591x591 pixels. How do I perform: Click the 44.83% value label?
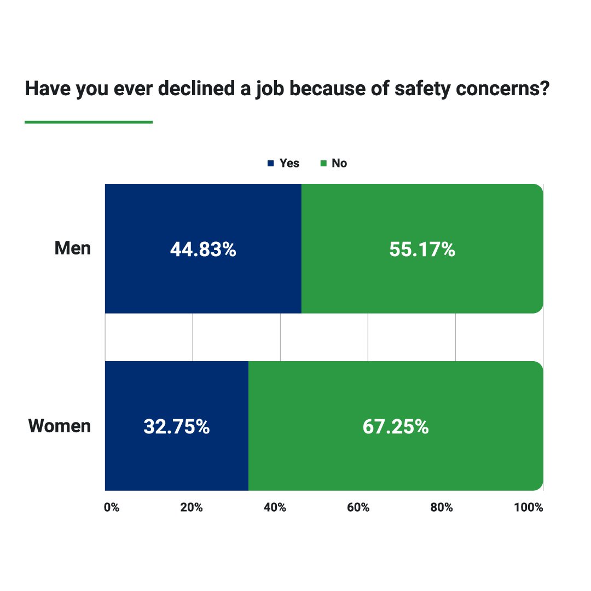[203, 250]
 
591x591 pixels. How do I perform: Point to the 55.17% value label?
[422, 250]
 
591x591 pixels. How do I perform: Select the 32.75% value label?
[176, 427]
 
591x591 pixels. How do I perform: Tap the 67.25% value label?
[396, 427]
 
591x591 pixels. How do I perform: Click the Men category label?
[73, 248]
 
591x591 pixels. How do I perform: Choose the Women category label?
[60, 426]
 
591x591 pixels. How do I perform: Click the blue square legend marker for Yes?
[270, 164]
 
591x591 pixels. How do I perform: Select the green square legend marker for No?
[323, 164]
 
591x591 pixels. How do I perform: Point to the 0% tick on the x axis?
[111, 508]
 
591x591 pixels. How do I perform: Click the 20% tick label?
[192, 508]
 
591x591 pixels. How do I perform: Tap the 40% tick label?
[275, 508]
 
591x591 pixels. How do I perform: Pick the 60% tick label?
[358, 508]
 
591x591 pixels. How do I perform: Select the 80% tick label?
[442, 508]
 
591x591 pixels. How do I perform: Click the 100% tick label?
[529, 508]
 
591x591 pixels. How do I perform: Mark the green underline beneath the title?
[89, 122]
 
